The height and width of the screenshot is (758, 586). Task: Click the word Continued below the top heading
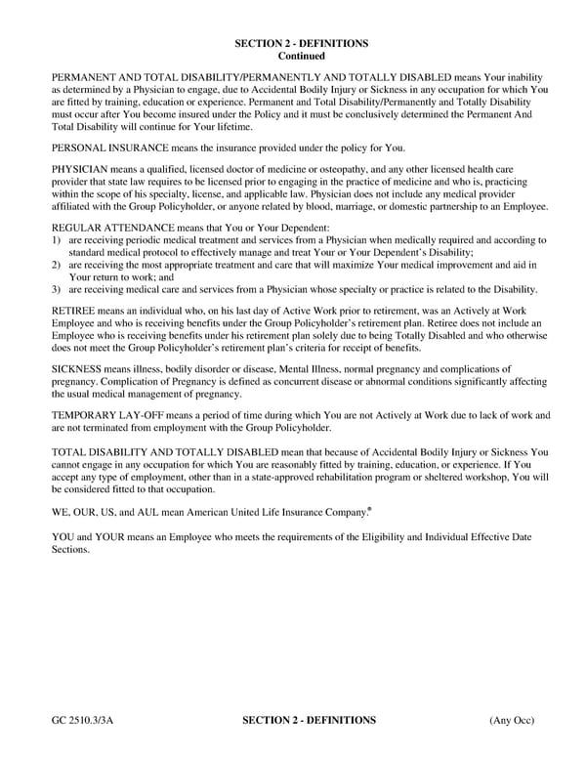coord(301,57)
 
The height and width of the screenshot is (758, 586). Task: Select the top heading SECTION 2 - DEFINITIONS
coord(301,44)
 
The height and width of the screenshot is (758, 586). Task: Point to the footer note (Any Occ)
coord(512,721)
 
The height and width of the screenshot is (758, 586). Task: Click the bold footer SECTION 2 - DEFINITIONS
coord(308,721)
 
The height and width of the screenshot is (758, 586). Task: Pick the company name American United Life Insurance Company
coord(276,511)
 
